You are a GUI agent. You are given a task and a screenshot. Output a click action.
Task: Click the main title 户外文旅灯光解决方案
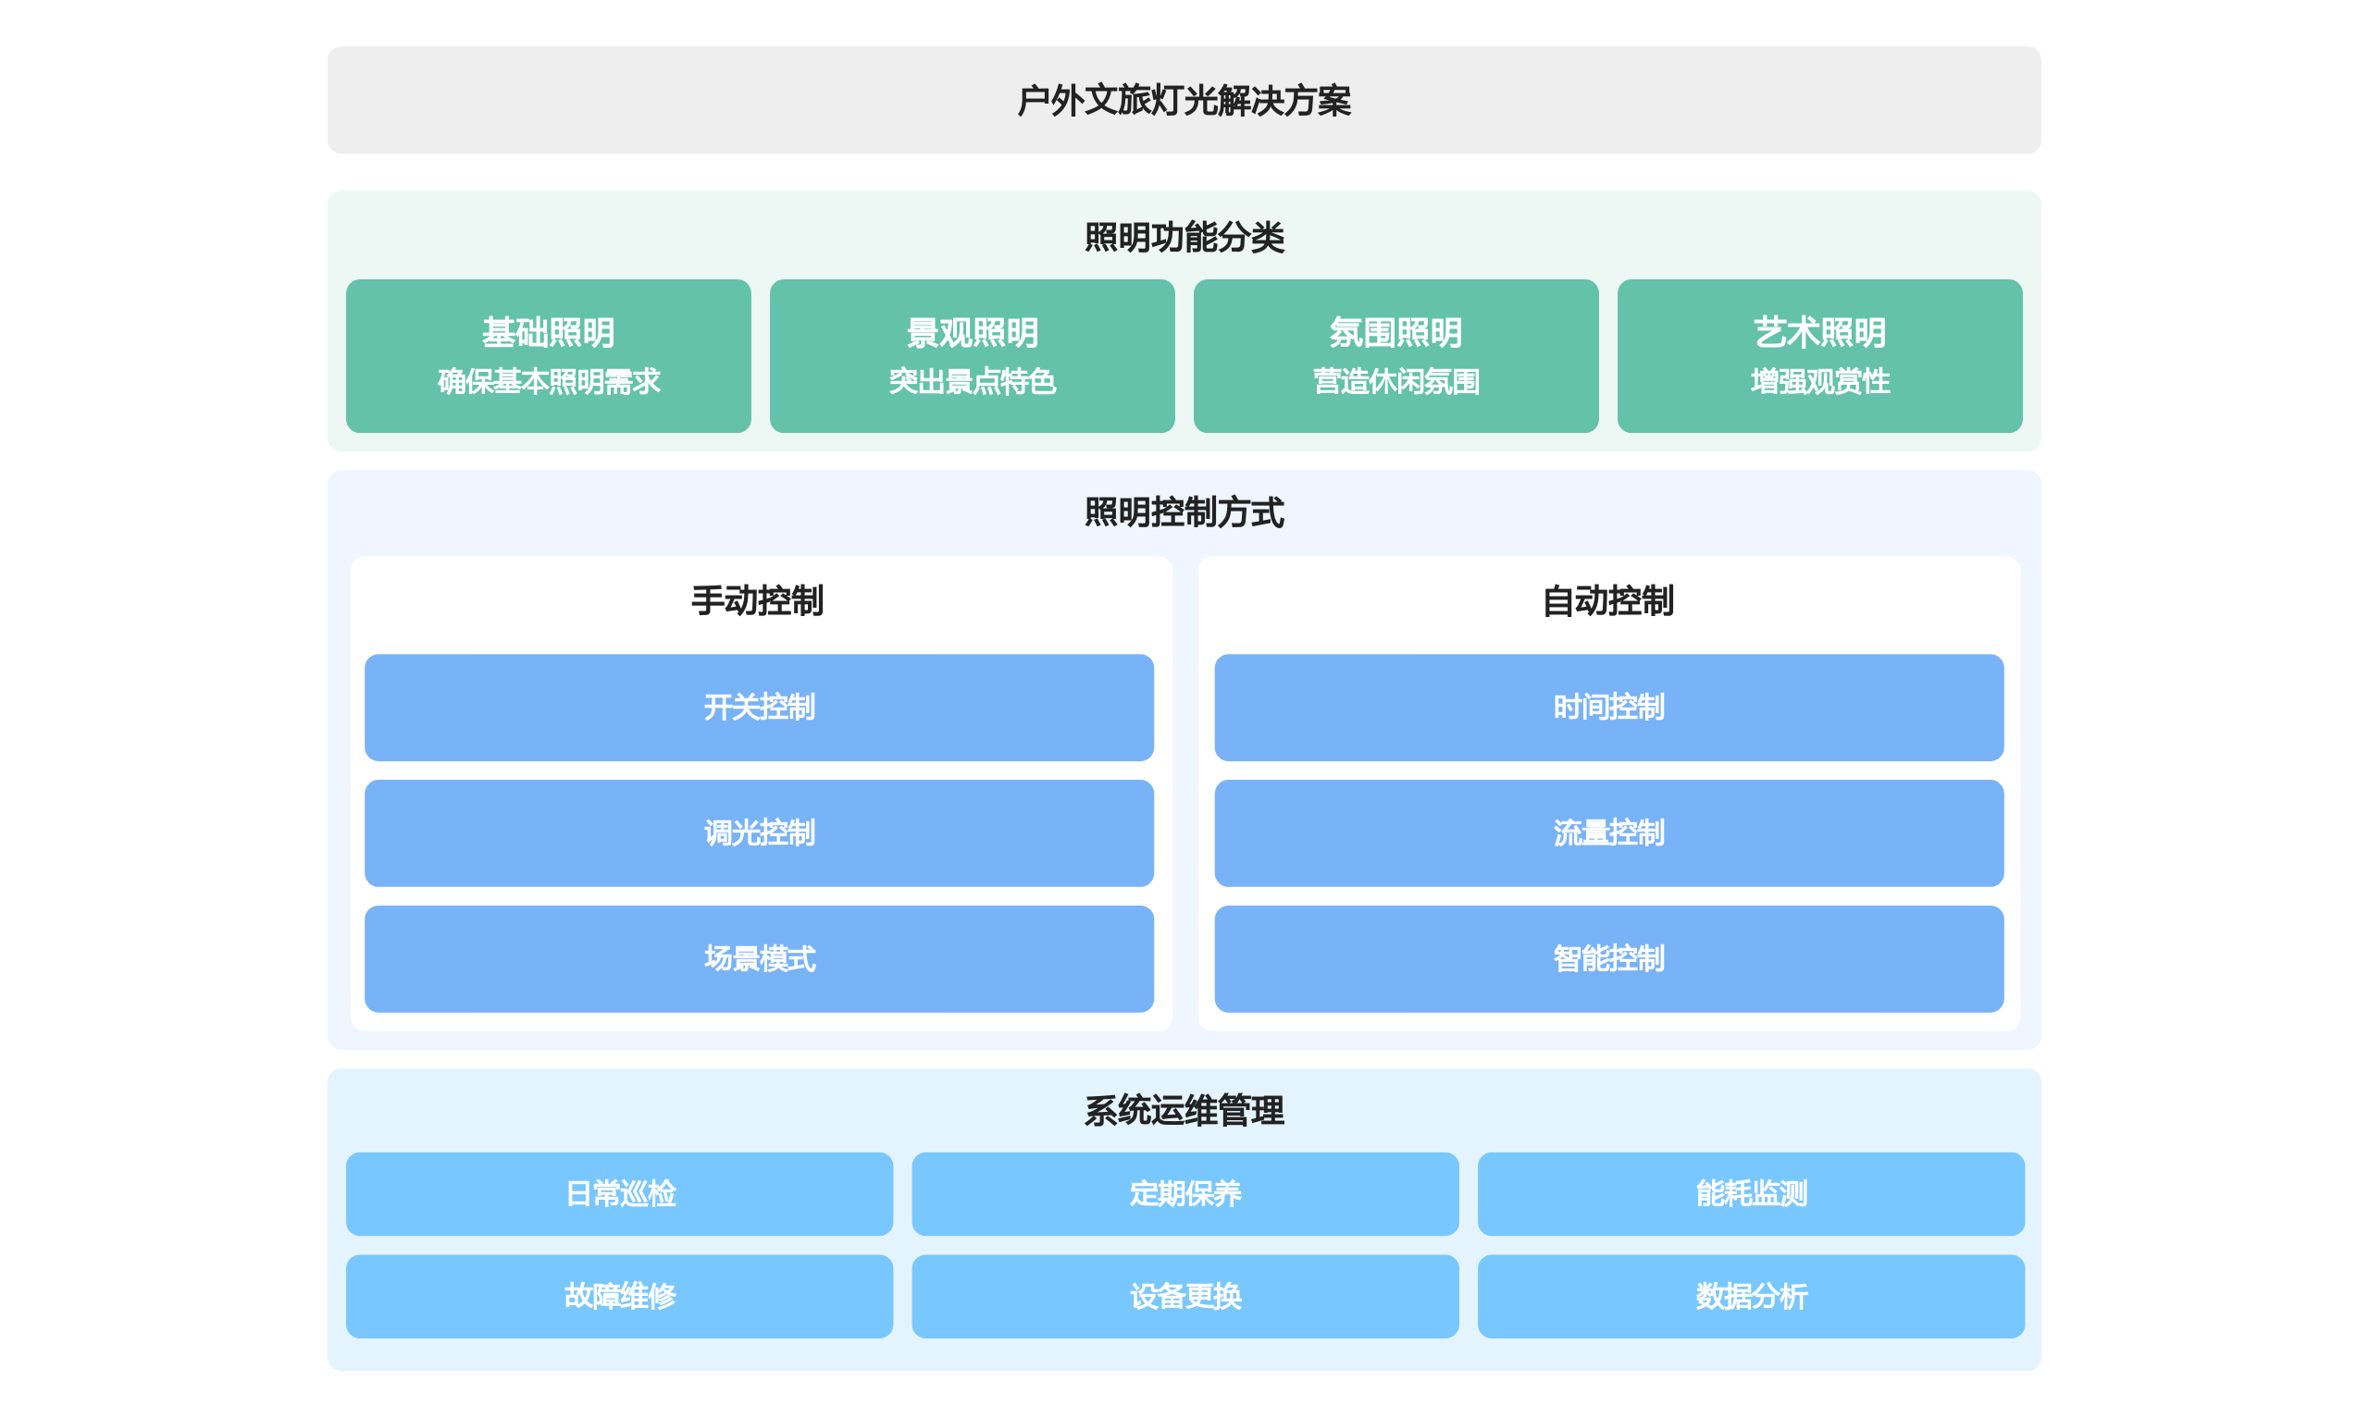(x=1184, y=101)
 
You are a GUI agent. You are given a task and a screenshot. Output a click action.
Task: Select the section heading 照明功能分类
(x=1184, y=237)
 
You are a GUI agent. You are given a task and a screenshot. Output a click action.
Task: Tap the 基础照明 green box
(x=549, y=356)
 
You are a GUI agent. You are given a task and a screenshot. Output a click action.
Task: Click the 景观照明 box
(x=973, y=356)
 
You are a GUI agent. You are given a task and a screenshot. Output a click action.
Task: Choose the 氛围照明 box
(x=1395, y=356)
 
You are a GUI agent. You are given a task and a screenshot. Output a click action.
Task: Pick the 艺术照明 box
(x=1819, y=356)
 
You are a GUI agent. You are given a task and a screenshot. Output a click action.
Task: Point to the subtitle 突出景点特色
(x=973, y=382)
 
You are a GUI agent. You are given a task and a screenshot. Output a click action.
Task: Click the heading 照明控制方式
(x=1184, y=512)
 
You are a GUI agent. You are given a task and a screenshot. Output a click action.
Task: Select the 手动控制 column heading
(x=758, y=600)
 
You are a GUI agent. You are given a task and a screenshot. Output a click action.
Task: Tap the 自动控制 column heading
(x=1608, y=600)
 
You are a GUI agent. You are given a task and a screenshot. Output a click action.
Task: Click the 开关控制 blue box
(x=759, y=708)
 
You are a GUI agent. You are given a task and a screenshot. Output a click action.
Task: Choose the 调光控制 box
(x=759, y=833)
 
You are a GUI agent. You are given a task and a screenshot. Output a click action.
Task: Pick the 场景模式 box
(x=759, y=959)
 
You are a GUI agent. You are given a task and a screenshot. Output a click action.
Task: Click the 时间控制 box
(x=1609, y=708)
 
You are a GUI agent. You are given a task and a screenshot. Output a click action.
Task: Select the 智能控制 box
(x=1609, y=959)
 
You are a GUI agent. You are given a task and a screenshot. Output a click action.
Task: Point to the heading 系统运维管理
(x=1184, y=1110)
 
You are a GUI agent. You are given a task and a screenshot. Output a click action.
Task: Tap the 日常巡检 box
(x=620, y=1194)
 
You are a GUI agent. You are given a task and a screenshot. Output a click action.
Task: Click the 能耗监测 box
(x=1751, y=1194)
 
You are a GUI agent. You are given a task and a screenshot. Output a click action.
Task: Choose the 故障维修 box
(x=620, y=1296)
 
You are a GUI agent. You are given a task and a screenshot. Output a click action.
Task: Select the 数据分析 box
(x=1751, y=1296)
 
